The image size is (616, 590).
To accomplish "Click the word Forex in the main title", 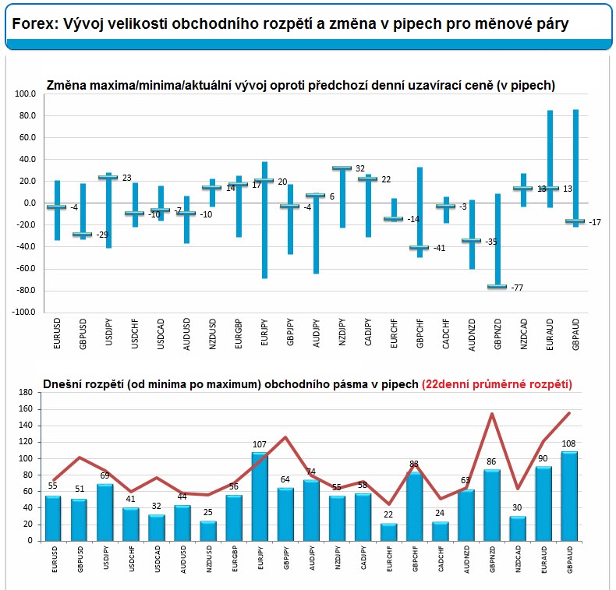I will tap(32, 24).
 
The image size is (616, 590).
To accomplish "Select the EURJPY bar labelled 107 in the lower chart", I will tap(260, 496).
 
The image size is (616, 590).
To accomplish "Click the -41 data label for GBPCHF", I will tap(440, 249).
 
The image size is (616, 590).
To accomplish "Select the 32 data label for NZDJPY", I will tap(360, 168).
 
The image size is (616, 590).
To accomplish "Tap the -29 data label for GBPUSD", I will tap(102, 235).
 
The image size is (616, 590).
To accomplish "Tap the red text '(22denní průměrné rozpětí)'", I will tap(497, 383).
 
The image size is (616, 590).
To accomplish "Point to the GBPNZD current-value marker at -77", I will tap(497, 287).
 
